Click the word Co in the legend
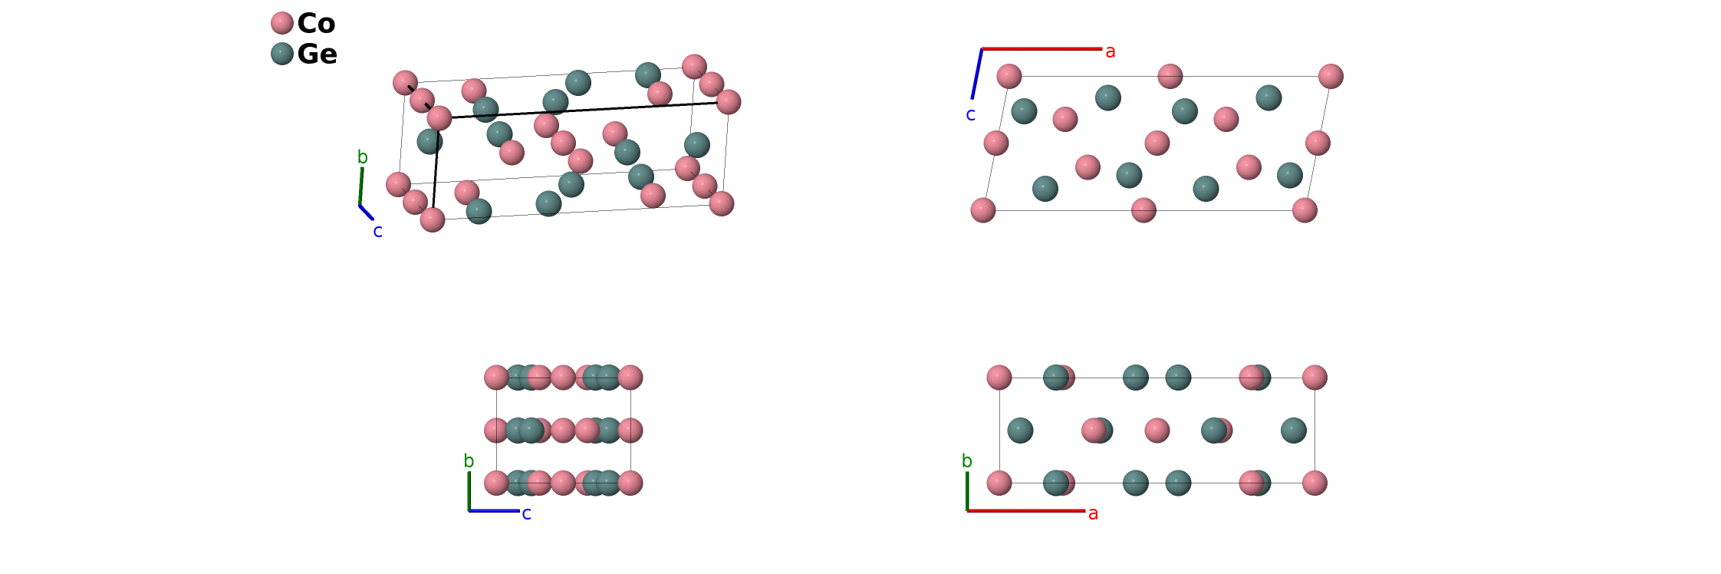click(316, 23)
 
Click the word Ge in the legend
click(317, 54)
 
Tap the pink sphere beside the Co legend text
click(282, 23)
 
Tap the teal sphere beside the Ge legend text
click(282, 54)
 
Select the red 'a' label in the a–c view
click(1110, 52)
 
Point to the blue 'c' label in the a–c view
click(970, 115)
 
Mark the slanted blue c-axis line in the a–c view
click(977, 74)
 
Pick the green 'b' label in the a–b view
click(966, 461)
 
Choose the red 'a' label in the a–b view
click(1093, 513)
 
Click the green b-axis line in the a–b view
click(967, 491)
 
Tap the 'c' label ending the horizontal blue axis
click(526, 514)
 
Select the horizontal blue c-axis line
click(494, 510)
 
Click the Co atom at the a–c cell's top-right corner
click(1331, 76)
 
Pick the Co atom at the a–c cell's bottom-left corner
click(983, 210)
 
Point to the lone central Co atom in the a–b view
click(1157, 430)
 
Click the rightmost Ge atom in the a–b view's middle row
click(1293, 430)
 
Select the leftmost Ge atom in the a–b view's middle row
click(1020, 430)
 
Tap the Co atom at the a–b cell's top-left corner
click(999, 378)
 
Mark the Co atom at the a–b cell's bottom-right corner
click(1315, 483)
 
